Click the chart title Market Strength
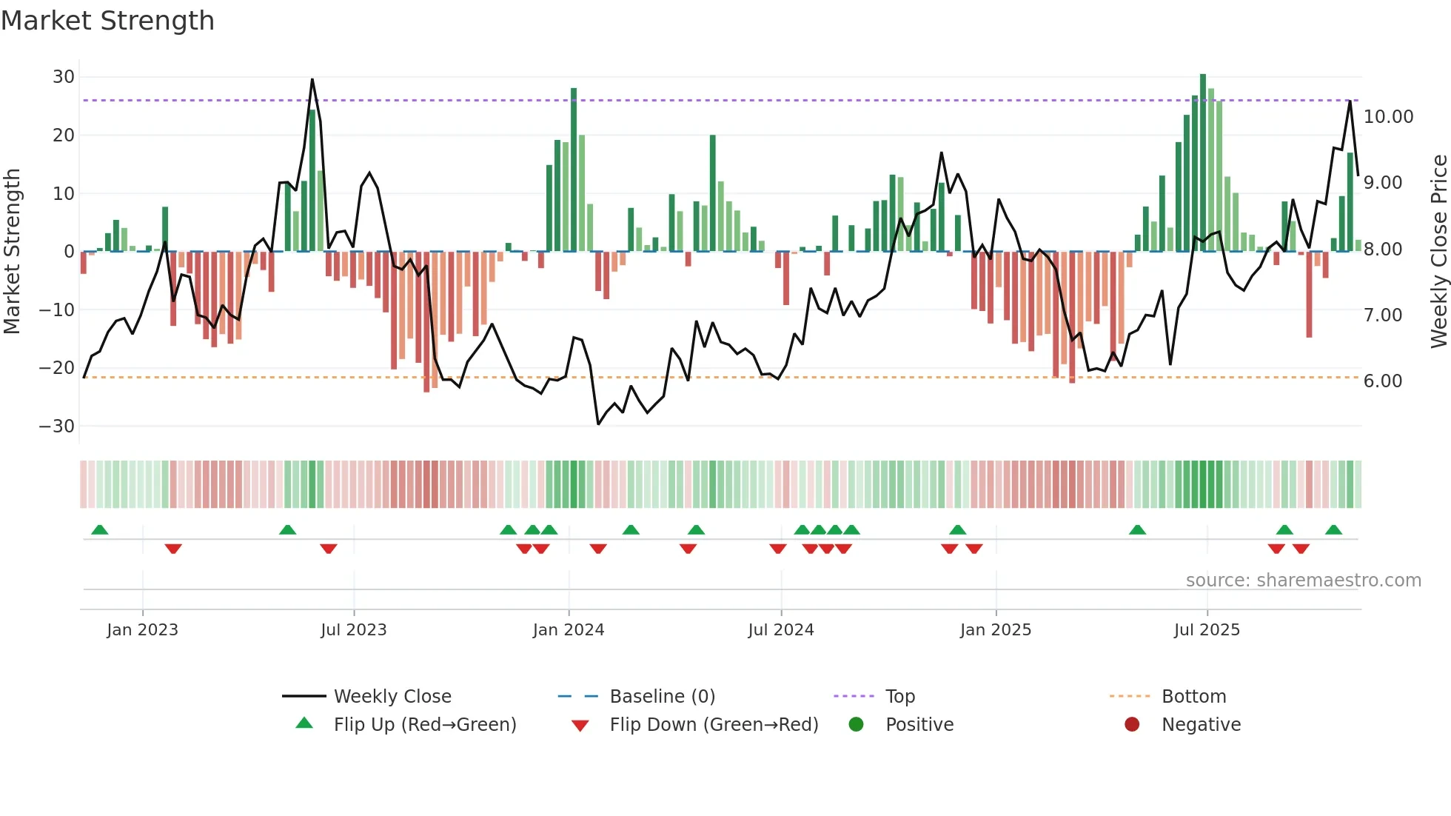point(107,21)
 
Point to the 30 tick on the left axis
point(64,77)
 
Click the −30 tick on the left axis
point(57,427)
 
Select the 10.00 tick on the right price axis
point(1388,117)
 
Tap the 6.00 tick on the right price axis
point(1382,381)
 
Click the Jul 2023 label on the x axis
point(354,630)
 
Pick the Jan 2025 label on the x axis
point(995,630)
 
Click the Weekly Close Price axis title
point(1438,252)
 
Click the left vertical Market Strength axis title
point(13,252)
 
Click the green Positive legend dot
point(856,725)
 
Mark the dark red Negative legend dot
point(1132,725)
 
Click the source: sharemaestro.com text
point(1303,581)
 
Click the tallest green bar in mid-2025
point(1203,163)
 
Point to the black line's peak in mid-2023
point(312,80)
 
